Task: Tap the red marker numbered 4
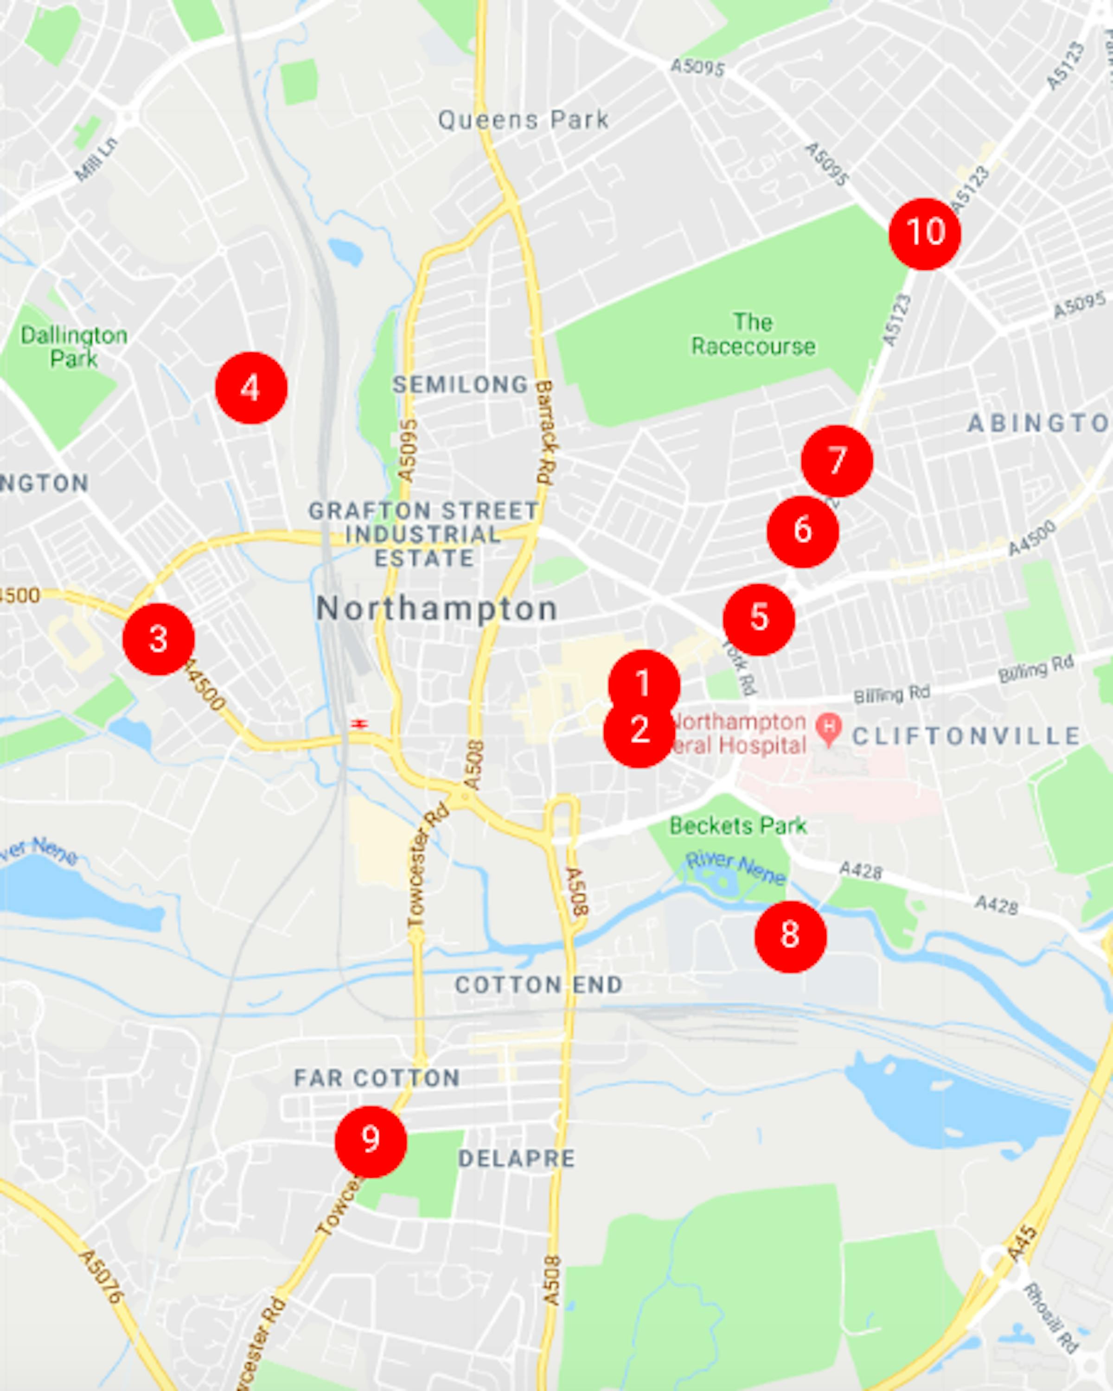(251, 388)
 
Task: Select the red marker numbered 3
(159, 639)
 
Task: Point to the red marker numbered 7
(837, 461)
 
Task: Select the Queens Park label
(523, 120)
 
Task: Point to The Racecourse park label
(753, 334)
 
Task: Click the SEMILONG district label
(461, 384)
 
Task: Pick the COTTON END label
(539, 984)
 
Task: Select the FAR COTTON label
(377, 1078)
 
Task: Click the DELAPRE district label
(516, 1158)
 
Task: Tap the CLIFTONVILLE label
(966, 736)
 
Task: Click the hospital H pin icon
(828, 727)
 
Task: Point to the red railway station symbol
(359, 724)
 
